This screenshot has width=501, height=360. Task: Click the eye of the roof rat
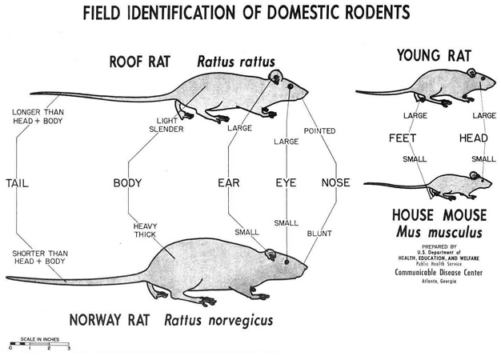click(x=291, y=86)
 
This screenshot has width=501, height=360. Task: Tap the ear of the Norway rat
click(x=271, y=254)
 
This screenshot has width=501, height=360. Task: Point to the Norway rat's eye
click(x=287, y=262)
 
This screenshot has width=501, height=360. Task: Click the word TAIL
click(x=18, y=183)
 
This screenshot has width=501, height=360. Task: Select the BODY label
click(x=127, y=183)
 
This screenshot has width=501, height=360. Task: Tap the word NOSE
click(x=336, y=182)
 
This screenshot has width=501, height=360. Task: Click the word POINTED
click(x=319, y=131)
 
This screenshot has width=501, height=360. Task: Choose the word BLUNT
click(x=319, y=234)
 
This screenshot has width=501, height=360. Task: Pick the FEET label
click(x=403, y=138)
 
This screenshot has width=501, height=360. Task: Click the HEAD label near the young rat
click(x=474, y=138)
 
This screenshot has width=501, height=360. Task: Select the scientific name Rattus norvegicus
click(x=218, y=320)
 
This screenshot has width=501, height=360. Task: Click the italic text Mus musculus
click(x=439, y=232)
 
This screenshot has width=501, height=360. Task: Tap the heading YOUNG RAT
click(x=435, y=55)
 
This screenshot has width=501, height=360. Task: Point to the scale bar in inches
click(x=40, y=344)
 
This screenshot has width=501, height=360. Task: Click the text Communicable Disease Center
click(x=439, y=273)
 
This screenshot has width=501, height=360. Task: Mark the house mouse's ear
click(x=474, y=175)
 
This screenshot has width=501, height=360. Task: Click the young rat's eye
click(x=483, y=78)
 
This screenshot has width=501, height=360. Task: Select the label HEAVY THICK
click(x=145, y=230)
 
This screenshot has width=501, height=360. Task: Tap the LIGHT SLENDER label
click(x=166, y=125)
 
